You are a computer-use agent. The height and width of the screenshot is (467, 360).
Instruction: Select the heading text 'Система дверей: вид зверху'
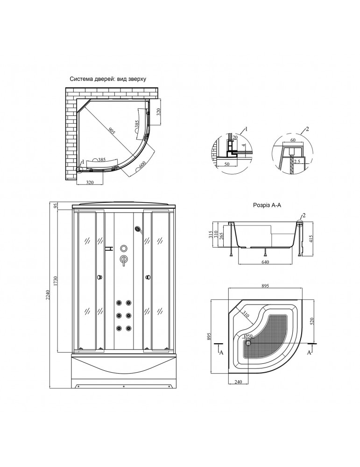[108, 79]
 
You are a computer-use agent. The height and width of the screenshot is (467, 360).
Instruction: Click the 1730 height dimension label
[56, 282]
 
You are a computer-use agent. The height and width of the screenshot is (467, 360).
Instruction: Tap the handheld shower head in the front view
[138, 229]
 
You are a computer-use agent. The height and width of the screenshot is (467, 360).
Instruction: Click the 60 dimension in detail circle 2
[292, 140]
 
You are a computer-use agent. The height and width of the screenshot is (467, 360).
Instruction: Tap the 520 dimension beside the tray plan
[311, 321]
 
